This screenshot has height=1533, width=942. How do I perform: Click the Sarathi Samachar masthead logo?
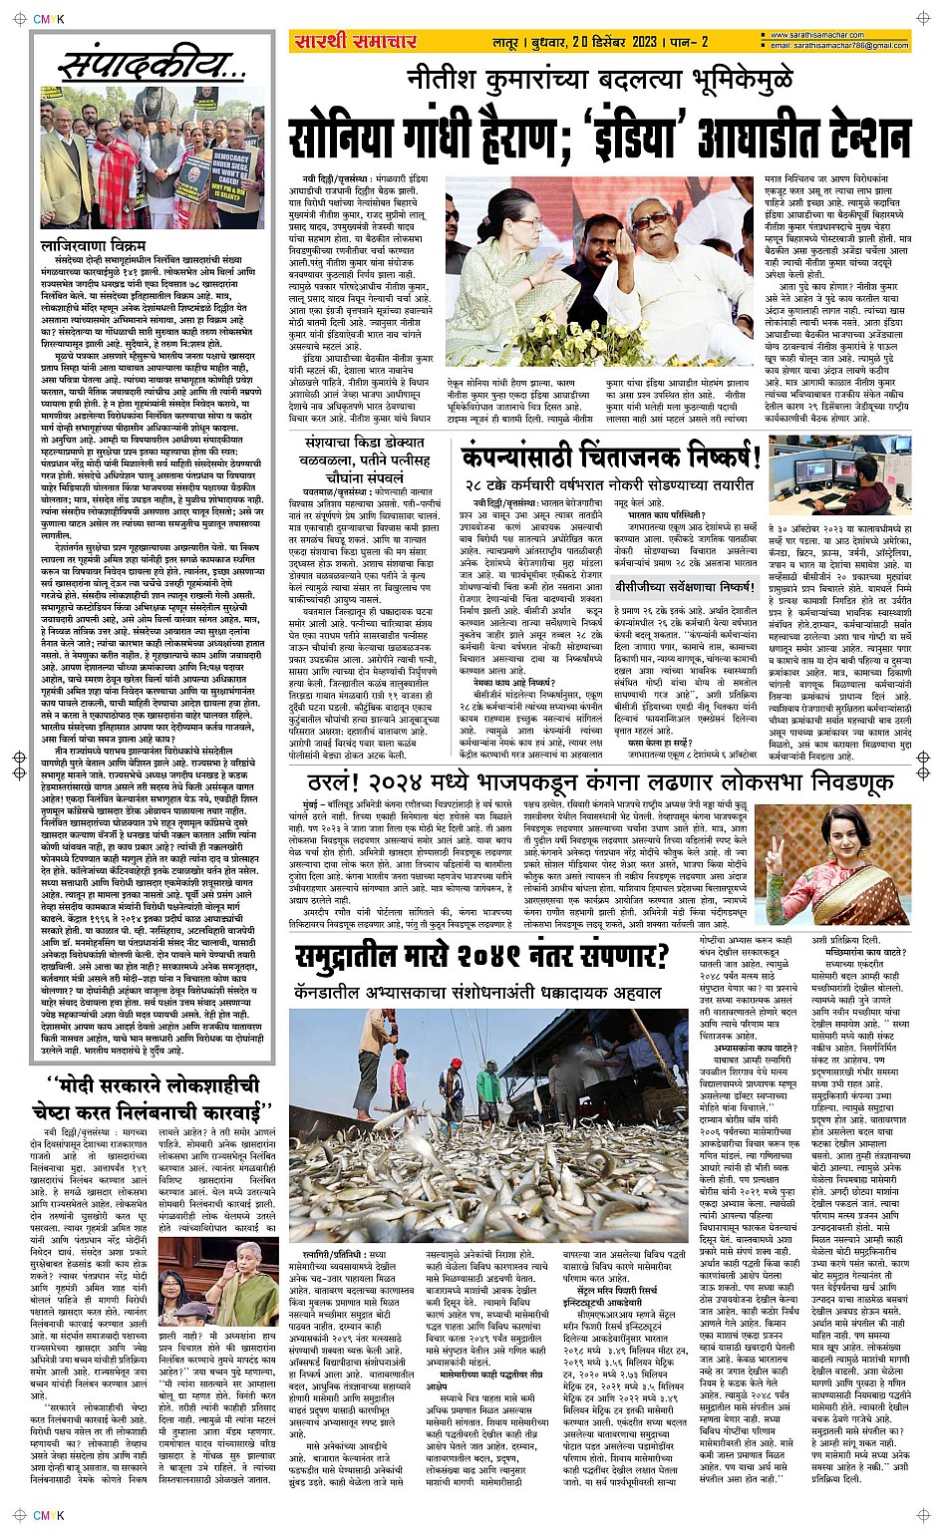pyautogui.click(x=355, y=41)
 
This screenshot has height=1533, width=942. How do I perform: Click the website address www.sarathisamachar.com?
pyautogui.click(x=827, y=36)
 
